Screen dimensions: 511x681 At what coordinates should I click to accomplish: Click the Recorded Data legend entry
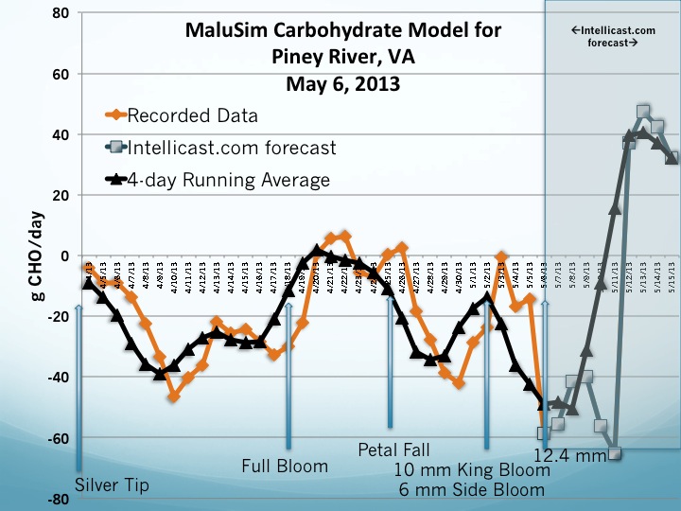point(192,116)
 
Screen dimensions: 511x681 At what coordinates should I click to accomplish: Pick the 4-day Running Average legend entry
point(228,180)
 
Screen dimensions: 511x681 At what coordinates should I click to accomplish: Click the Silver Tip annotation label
point(112,485)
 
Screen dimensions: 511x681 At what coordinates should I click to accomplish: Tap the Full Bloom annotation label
point(285,466)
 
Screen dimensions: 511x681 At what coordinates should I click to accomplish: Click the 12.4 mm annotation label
point(569,456)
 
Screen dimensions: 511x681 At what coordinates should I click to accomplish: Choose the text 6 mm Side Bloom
point(472,489)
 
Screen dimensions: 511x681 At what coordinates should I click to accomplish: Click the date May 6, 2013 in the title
point(342,83)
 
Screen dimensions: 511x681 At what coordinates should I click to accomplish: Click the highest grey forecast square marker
point(643,112)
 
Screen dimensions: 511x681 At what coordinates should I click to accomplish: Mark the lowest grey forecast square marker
point(615,453)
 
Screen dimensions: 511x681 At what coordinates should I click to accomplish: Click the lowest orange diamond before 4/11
point(174,396)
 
